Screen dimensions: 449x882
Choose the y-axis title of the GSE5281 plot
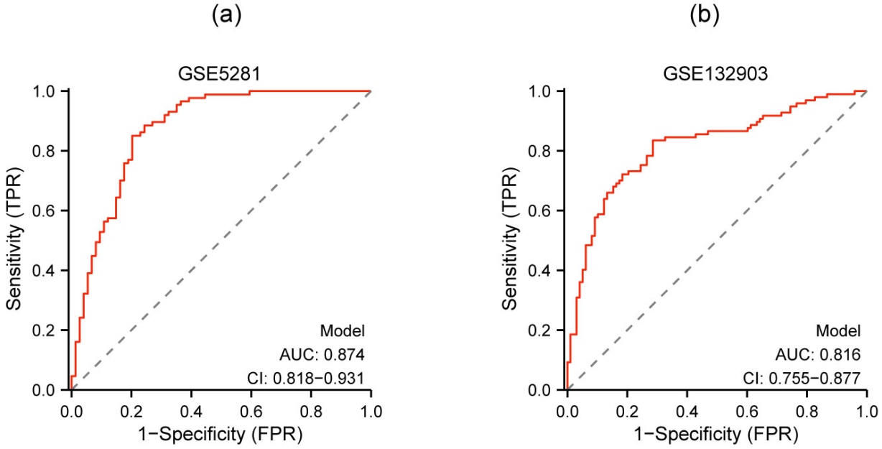pos(14,241)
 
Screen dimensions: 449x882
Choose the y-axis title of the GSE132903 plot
pos(510,241)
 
